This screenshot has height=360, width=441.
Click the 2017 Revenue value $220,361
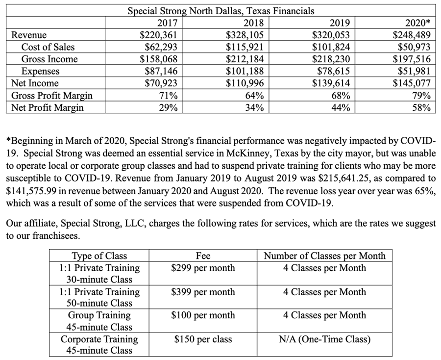[158, 35]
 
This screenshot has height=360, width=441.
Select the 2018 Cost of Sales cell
[245, 48]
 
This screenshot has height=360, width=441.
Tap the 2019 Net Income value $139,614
[331, 83]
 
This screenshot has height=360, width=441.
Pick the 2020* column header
[418, 23]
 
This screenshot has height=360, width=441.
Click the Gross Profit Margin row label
[51, 96]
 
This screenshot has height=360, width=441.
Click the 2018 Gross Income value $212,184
[245, 59]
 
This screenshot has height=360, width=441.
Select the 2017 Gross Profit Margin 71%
[168, 96]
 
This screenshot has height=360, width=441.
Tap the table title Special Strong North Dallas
[221, 10]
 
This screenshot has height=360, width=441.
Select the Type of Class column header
[99, 256]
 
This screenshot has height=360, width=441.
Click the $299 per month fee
[203, 268]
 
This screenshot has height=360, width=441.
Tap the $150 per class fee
[203, 339]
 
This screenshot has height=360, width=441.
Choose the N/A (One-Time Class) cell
[324, 339]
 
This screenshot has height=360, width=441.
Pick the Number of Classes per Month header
[324, 256]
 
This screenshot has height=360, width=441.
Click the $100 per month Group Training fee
[203, 315]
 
